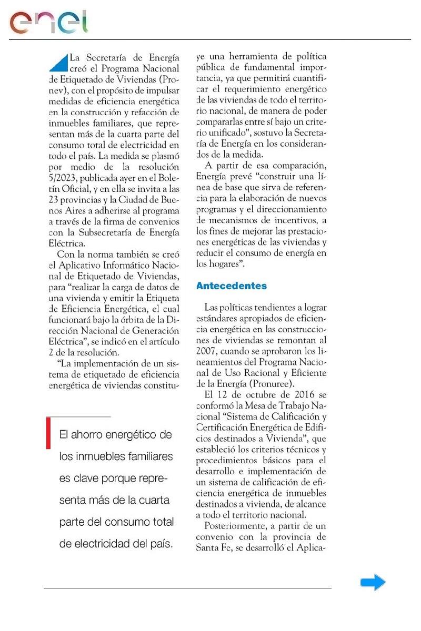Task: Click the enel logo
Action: (48, 22)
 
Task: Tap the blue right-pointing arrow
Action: (373, 582)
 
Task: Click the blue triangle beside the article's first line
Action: (58, 63)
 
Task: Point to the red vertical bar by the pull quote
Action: (48, 433)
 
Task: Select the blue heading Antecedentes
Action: (231, 286)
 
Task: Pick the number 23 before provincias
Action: (56, 199)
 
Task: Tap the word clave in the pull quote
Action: (88, 479)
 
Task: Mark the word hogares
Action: (224, 264)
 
